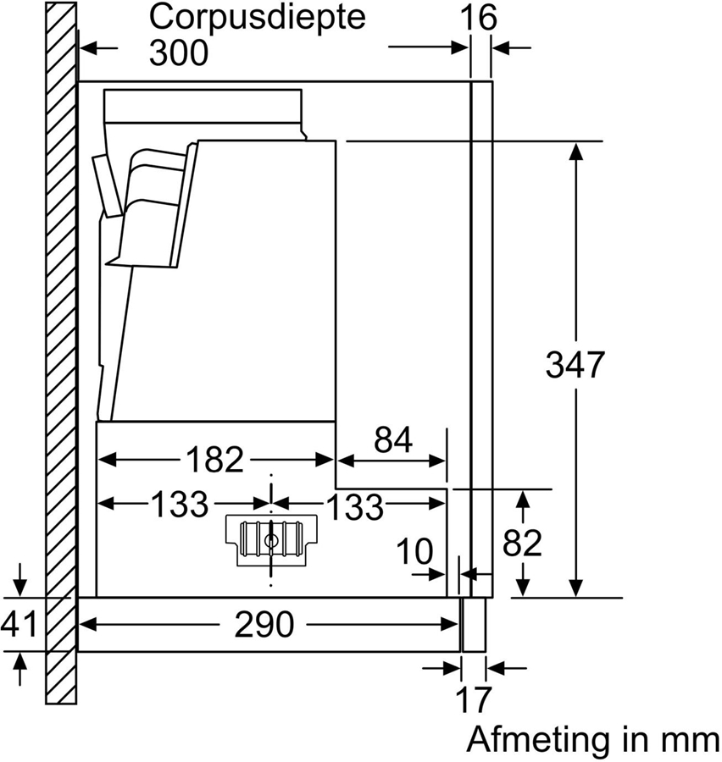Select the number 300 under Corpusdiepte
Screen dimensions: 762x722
pos(178,53)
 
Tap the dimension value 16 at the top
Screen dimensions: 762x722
pos(480,17)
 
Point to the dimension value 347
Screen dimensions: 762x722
pos(576,365)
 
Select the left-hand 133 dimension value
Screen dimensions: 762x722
pos(179,505)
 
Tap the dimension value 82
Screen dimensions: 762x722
pos(522,543)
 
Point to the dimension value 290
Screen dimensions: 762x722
pos(265,626)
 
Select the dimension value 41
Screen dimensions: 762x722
pos(19,625)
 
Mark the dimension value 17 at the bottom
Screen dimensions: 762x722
pos(474,700)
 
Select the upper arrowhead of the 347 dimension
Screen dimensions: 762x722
pos(576,151)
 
